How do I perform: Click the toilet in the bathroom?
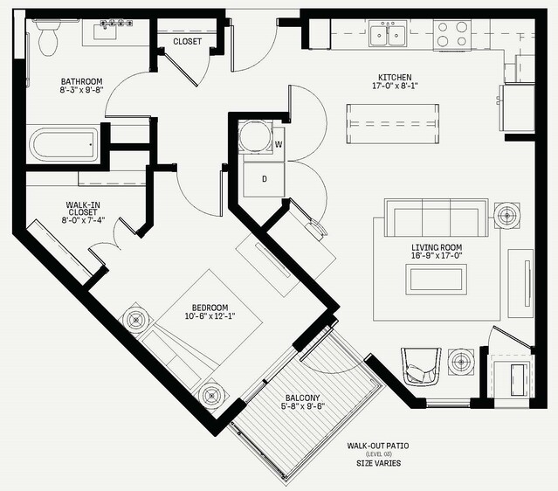47,38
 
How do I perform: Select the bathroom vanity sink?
105,31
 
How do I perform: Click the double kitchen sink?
388,33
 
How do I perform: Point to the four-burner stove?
452,34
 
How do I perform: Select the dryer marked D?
264,179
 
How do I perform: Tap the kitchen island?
393,124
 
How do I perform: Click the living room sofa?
436,218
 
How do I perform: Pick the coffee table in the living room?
437,280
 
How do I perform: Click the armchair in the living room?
421,366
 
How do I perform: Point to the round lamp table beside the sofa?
506,215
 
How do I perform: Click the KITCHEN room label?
395,77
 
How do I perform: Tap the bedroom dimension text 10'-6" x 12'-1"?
210,315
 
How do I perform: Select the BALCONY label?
302,398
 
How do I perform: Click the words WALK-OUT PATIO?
378,446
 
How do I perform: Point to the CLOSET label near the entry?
187,41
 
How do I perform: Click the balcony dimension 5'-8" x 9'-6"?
303,406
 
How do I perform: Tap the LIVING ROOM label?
437,247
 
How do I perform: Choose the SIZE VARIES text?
379,463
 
